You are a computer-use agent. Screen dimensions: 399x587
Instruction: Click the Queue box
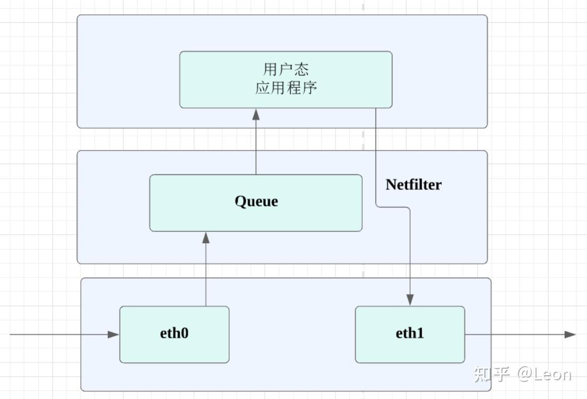[x=319, y=218]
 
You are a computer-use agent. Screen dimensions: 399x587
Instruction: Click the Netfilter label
[x=413, y=185]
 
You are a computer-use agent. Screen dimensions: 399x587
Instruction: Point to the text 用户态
[x=286, y=69]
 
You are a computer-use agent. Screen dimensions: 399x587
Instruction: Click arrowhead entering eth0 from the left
[x=113, y=335]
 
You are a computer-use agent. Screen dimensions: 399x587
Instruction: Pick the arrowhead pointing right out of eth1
[x=570, y=335]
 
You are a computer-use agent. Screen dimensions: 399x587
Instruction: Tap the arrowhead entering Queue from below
[x=206, y=237]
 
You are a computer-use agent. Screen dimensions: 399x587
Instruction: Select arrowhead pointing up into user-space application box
[x=256, y=114]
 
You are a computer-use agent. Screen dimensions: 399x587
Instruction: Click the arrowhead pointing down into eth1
[x=410, y=300]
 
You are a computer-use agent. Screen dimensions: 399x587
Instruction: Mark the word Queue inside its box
[x=256, y=202]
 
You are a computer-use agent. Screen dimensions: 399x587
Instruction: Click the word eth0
[x=174, y=334]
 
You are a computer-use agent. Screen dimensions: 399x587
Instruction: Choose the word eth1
[x=410, y=334]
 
